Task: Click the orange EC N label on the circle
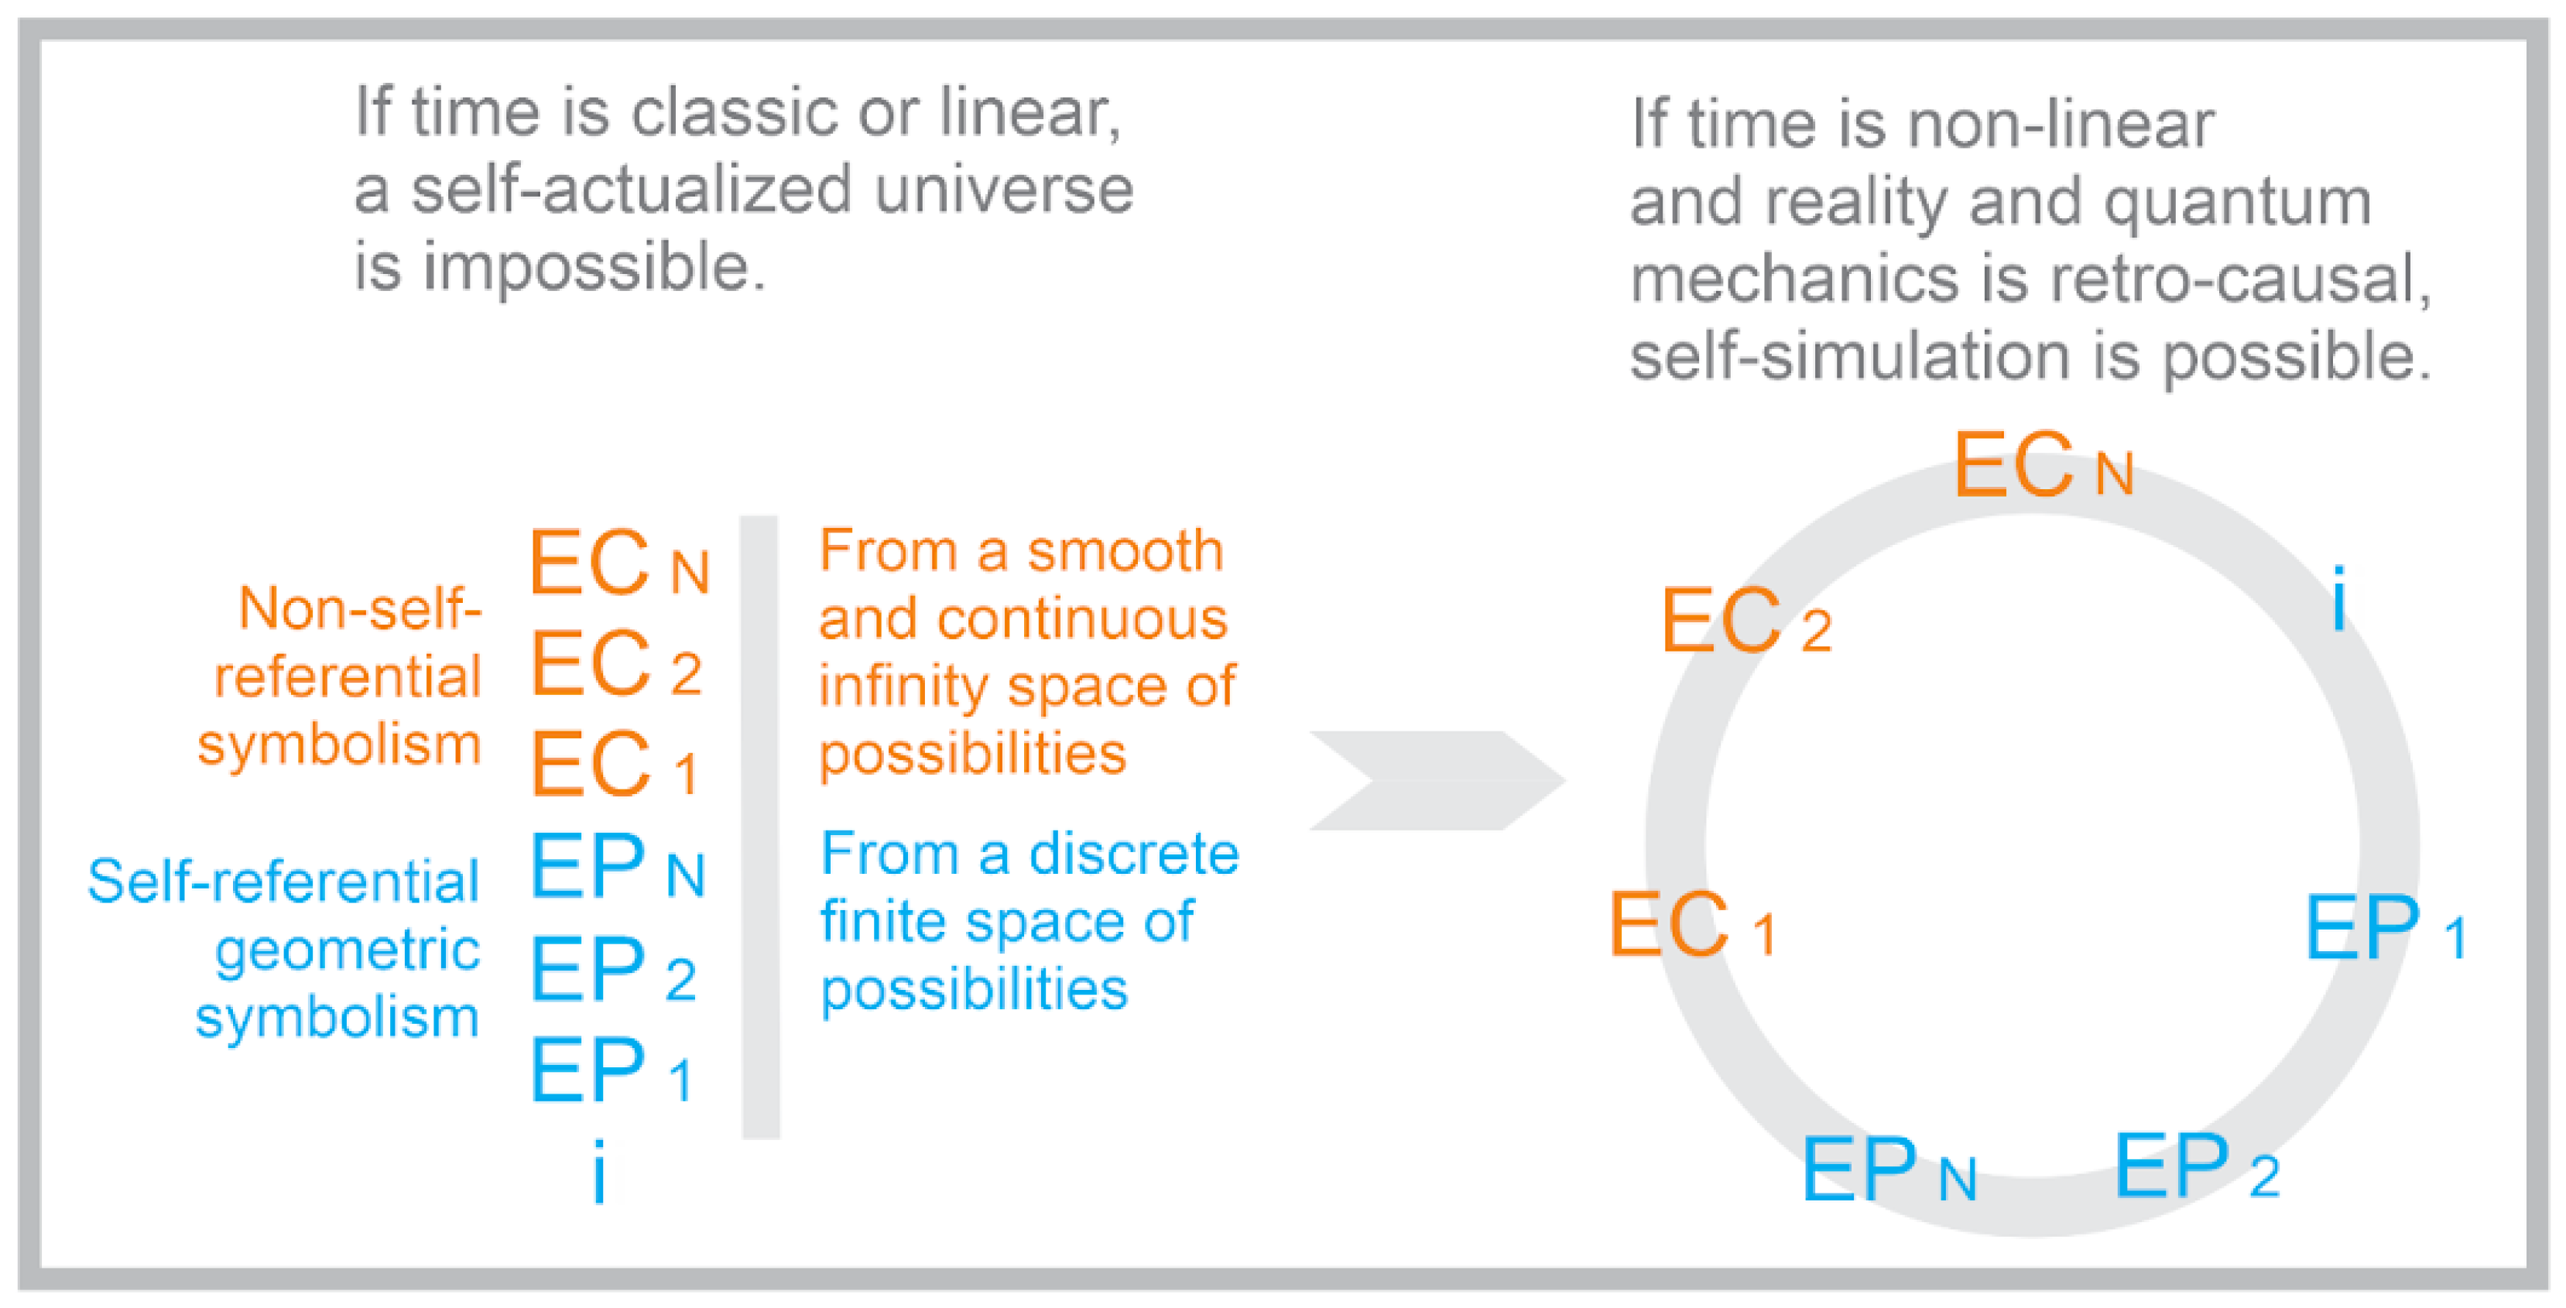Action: tap(2042, 466)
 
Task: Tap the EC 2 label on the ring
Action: tap(1745, 622)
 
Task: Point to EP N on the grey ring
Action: tap(1889, 1170)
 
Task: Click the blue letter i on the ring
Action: tap(2339, 598)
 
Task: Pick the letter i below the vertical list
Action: tap(598, 1173)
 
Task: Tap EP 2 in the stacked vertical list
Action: tap(612, 971)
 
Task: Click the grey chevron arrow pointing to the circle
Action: tap(1434, 780)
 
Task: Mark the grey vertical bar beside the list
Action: tap(760, 827)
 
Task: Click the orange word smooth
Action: tap(1125, 551)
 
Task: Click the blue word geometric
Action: tap(348, 950)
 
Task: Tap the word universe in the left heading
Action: tap(1003, 190)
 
